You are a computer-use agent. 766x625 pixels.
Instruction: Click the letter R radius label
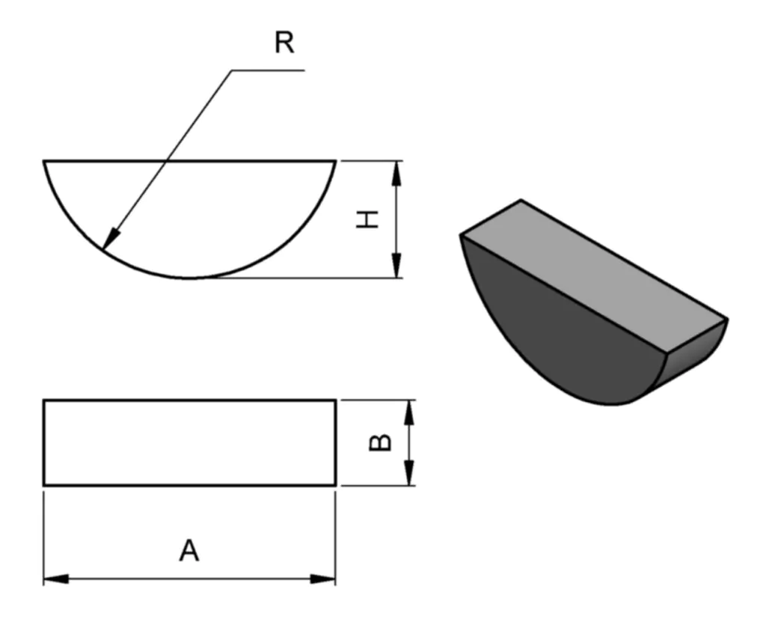point(284,43)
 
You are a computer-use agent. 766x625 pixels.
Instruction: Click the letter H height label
point(367,219)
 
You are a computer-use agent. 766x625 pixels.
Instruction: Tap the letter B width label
point(379,442)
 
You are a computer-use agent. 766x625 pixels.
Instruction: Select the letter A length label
point(189,551)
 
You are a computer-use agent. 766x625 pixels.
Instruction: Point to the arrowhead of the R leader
point(111,239)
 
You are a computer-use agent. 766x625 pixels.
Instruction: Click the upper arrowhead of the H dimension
point(396,173)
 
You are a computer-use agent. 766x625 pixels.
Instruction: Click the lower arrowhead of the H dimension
point(396,265)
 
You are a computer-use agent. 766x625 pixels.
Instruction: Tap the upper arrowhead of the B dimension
point(409,412)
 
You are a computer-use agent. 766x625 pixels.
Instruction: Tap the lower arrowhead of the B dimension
point(409,473)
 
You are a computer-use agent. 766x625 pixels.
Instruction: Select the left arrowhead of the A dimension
point(56,579)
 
